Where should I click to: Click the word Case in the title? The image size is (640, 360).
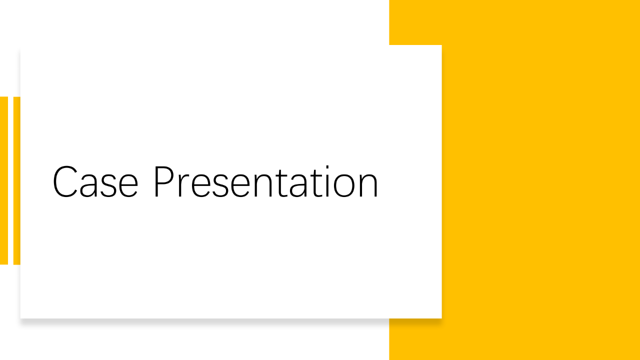tap(95, 181)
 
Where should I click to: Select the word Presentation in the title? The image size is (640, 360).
tap(266, 181)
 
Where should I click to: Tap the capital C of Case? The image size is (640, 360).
tap(65, 181)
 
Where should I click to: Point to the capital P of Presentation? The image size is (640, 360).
tap(164, 181)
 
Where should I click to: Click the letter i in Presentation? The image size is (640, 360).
tap(327, 181)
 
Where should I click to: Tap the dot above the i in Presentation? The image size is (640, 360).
tap(327, 167)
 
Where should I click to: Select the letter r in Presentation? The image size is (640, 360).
tap(183, 185)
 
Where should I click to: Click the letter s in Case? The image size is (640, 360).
tap(108, 185)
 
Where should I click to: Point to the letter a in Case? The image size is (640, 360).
tap(88, 185)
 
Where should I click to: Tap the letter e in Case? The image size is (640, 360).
tap(128, 185)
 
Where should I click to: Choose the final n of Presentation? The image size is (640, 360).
tap(369, 185)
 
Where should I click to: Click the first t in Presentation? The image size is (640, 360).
tap(282, 183)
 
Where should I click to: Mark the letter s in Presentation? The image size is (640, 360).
tap(220, 185)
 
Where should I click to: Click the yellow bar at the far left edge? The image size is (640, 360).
tap(4, 180)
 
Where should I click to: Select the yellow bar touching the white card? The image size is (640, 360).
tap(17, 180)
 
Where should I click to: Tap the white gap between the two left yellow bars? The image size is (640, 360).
tap(10, 180)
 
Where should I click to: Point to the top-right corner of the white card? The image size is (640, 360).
tap(441, 45)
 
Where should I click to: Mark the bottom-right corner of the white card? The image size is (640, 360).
tap(441, 318)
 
